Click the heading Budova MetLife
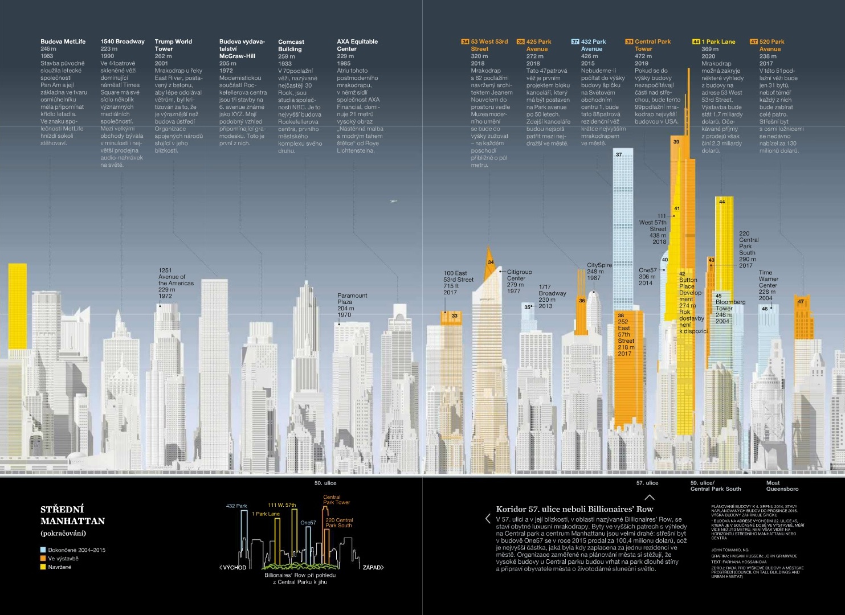point(63,42)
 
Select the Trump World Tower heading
point(173,45)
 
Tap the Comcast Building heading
point(291,45)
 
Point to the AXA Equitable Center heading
point(357,45)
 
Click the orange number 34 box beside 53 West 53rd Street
point(465,42)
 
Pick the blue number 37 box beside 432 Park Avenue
point(575,42)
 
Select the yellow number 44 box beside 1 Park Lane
point(696,42)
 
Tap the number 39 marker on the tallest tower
point(676,142)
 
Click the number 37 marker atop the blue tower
point(619,154)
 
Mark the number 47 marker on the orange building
point(801,302)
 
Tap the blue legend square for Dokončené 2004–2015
point(43,550)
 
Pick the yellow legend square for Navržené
point(43,567)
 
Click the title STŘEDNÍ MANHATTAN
point(72,515)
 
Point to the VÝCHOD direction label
point(234,568)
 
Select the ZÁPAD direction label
point(373,568)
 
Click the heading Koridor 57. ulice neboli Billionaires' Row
point(574,509)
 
